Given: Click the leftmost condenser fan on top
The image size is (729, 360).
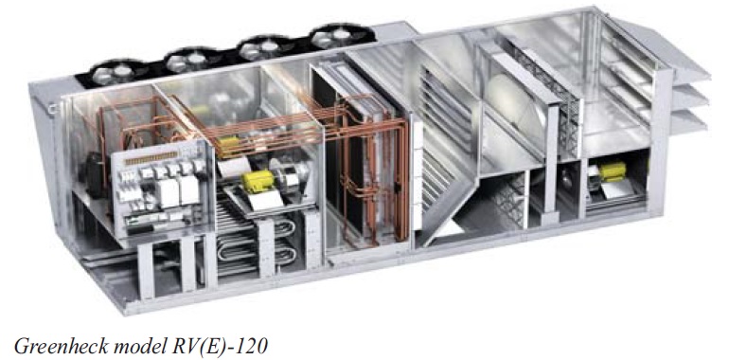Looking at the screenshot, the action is (118, 73).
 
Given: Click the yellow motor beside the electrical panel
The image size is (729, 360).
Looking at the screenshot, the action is (258, 181).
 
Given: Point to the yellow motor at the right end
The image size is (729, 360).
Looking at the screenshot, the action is (612, 171).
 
